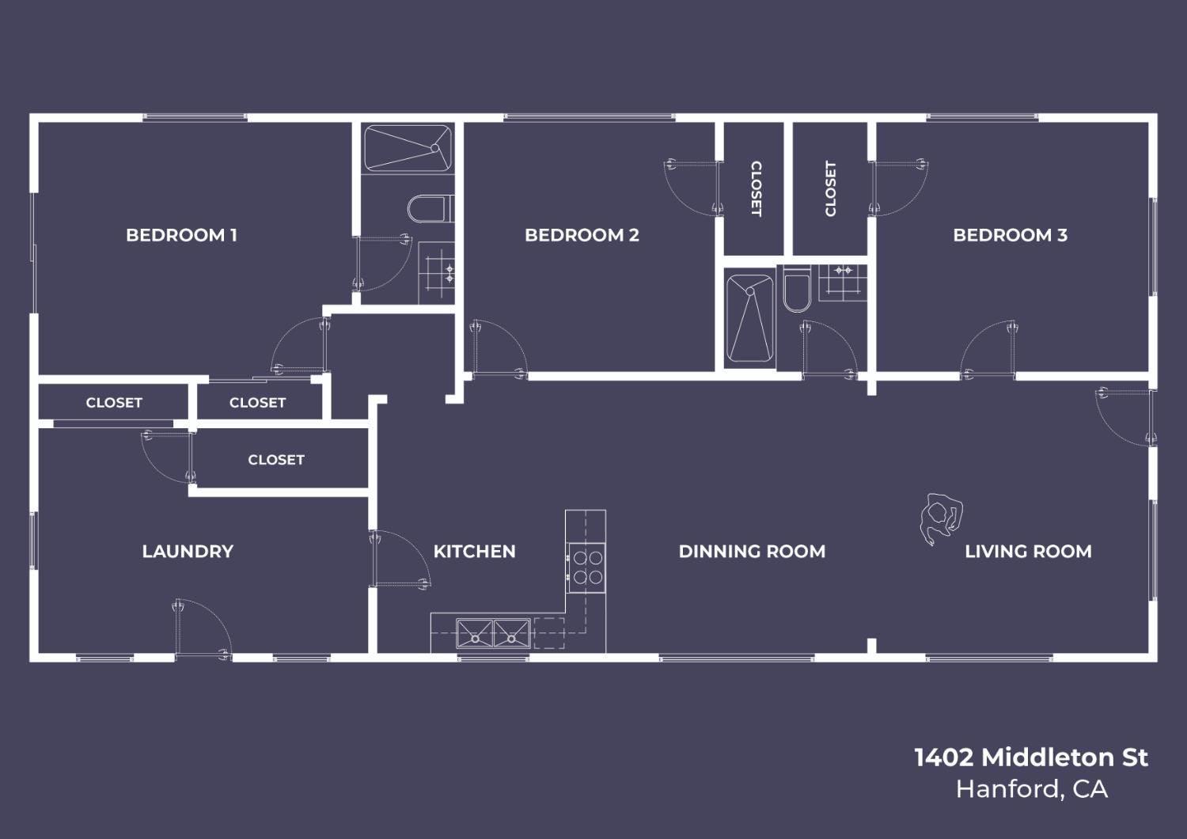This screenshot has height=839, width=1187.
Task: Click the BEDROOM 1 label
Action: (181, 235)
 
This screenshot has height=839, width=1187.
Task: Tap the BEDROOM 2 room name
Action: (582, 235)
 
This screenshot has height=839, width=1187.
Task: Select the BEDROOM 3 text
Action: (1010, 235)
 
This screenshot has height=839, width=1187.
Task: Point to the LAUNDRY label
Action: (188, 552)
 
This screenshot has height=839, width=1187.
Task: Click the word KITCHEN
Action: (474, 552)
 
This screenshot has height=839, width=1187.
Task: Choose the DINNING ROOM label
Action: (752, 552)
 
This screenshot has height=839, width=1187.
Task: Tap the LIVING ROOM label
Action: (1028, 552)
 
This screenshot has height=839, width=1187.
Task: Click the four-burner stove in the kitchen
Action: (586, 567)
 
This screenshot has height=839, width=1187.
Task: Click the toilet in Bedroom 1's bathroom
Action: (428, 210)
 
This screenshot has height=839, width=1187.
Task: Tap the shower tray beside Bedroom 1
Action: (407, 147)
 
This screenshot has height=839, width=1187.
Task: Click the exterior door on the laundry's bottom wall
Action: (202, 629)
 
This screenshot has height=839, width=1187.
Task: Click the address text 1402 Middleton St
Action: (1030, 757)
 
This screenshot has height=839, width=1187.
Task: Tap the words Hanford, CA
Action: (1031, 789)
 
